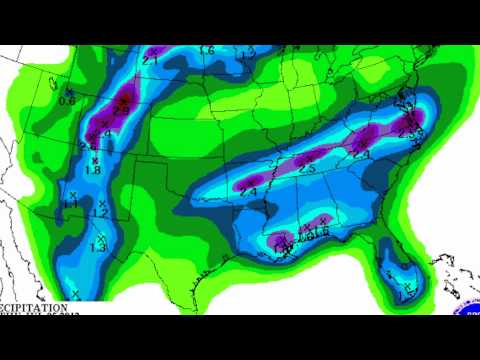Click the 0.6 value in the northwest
[68, 100]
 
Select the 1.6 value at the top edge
[207, 50]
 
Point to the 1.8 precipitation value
[94, 170]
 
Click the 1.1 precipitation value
[72, 204]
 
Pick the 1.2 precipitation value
[99, 213]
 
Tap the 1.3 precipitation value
[98, 247]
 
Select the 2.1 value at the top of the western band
[151, 59]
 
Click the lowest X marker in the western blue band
[75, 293]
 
